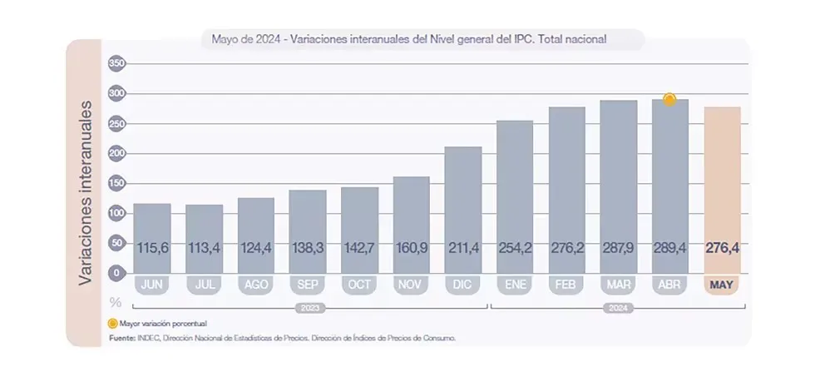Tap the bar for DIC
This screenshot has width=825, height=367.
pos(463,208)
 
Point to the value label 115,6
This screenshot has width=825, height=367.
pos(151,247)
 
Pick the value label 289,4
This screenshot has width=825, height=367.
pos(670,247)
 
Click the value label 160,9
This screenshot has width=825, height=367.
pos(411,247)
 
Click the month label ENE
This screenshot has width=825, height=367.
pos(515,285)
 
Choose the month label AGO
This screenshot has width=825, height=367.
pos(255,285)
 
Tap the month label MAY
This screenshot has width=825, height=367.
pos(722,285)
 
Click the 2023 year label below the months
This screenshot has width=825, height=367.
pos(308,307)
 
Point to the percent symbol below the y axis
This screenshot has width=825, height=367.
pos(116,301)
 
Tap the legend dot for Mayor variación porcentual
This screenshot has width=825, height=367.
pos(112,322)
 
